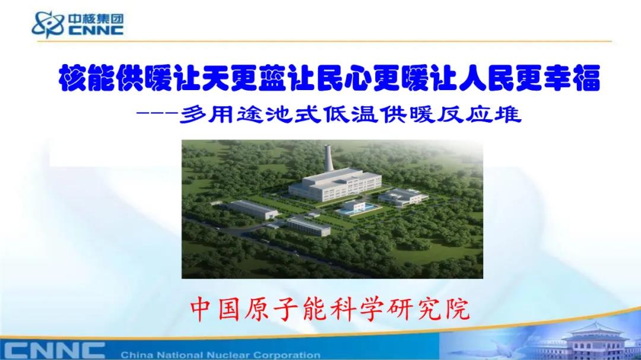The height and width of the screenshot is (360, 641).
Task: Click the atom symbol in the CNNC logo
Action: (48, 24)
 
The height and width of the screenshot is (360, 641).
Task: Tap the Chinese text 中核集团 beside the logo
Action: (96, 19)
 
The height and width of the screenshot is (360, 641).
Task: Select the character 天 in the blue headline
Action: (216, 78)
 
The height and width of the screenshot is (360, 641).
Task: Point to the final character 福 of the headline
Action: (586, 78)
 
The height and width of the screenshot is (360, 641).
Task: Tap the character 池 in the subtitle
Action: (280, 114)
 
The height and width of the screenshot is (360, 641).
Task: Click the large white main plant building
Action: (335, 184)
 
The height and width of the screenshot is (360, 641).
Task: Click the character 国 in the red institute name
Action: (229, 310)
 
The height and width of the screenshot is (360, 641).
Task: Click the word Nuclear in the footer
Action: (229, 355)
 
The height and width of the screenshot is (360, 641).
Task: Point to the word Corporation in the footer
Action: (287, 355)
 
